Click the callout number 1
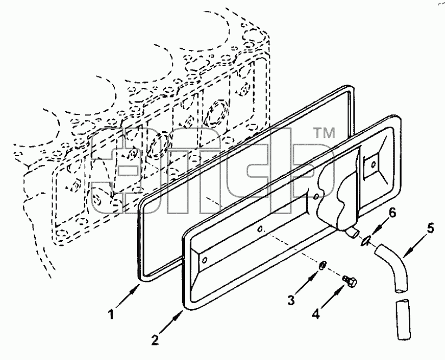pyautogui.click(x=112, y=314)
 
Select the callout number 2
pyautogui.click(x=154, y=340)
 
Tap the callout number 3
pyautogui.click(x=291, y=300)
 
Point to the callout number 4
pyautogui.click(x=316, y=314)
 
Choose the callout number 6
pyautogui.click(x=392, y=213)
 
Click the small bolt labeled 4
pyautogui.click(x=350, y=280)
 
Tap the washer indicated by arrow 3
pyautogui.click(x=322, y=266)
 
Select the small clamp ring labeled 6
pyautogui.click(x=365, y=242)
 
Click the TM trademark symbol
pyautogui.click(x=324, y=133)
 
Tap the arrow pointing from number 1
pyautogui.click(x=127, y=296)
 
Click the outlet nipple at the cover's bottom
pyautogui.click(x=353, y=233)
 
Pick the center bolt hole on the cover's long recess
pyautogui.click(x=260, y=229)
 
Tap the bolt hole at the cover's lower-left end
pyautogui.click(x=205, y=260)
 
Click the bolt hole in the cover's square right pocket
pyautogui.click(x=373, y=164)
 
